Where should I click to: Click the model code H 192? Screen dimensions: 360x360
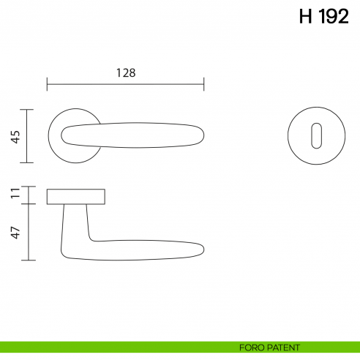tap(323, 17)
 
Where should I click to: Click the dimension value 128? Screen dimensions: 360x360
tap(126, 72)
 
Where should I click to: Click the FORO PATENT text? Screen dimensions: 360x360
tap(269, 348)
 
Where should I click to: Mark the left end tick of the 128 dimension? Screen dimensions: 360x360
tap(47, 83)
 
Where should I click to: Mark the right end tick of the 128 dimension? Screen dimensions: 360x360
tap(204, 83)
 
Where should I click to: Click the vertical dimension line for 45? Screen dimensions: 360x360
tap(28, 136)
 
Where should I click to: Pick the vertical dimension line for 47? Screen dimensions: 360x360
tap(28, 232)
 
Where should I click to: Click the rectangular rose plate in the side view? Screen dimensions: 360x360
tap(76, 196)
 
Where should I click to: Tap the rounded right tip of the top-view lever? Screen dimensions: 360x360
tap(200, 136)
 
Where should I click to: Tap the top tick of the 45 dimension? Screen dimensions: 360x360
tap(28, 110)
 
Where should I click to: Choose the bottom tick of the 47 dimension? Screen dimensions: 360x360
tap(28, 260)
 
